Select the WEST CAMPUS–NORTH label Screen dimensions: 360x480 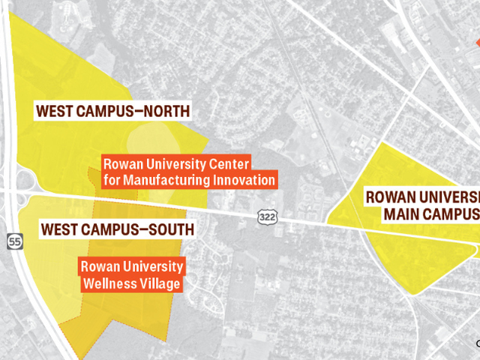point(112,112)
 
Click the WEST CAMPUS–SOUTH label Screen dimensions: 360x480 point(117,228)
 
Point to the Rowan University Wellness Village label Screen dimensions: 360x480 point(131,274)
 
